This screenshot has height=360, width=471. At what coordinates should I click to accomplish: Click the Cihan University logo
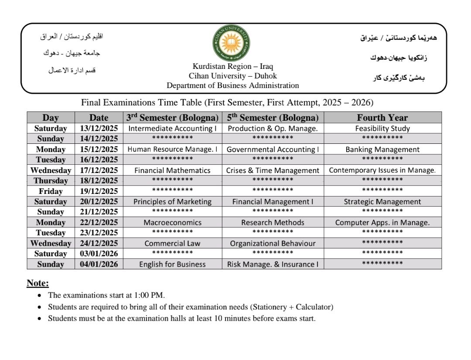pyautogui.click(x=231, y=43)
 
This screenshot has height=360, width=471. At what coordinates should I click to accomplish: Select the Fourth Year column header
pyautogui.click(x=382, y=118)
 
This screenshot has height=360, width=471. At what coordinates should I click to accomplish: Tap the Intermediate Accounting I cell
pyautogui.click(x=172, y=129)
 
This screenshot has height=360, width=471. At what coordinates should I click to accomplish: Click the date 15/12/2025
pyautogui.click(x=99, y=149)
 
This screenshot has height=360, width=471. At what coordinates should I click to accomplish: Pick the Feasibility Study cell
pyautogui.click(x=382, y=129)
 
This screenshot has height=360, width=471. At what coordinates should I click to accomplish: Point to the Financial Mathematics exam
pyautogui.click(x=172, y=170)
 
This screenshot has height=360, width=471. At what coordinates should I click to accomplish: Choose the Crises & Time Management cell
pyautogui.click(x=273, y=170)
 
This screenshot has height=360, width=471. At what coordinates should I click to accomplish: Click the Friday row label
pyautogui.click(x=51, y=191)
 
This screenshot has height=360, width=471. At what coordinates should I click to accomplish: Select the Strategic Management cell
pyautogui.click(x=382, y=202)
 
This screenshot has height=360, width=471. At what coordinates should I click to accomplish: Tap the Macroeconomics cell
pyautogui.click(x=172, y=223)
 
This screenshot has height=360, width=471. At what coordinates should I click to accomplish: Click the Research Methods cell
pyautogui.click(x=273, y=223)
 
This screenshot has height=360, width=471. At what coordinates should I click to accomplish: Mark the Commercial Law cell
pyautogui.click(x=172, y=244)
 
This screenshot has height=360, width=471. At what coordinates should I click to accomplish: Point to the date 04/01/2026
pyautogui.click(x=99, y=265)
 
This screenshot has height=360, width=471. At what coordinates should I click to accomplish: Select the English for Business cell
pyautogui.click(x=172, y=265)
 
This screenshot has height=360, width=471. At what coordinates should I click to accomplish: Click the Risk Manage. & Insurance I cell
pyautogui.click(x=273, y=265)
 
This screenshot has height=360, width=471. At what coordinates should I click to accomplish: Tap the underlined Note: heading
pyautogui.click(x=38, y=283)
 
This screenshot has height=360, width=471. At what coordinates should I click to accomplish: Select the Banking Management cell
pyautogui.click(x=382, y=149)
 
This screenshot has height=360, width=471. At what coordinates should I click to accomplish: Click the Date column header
pyautogui.click(x=99, y=118)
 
